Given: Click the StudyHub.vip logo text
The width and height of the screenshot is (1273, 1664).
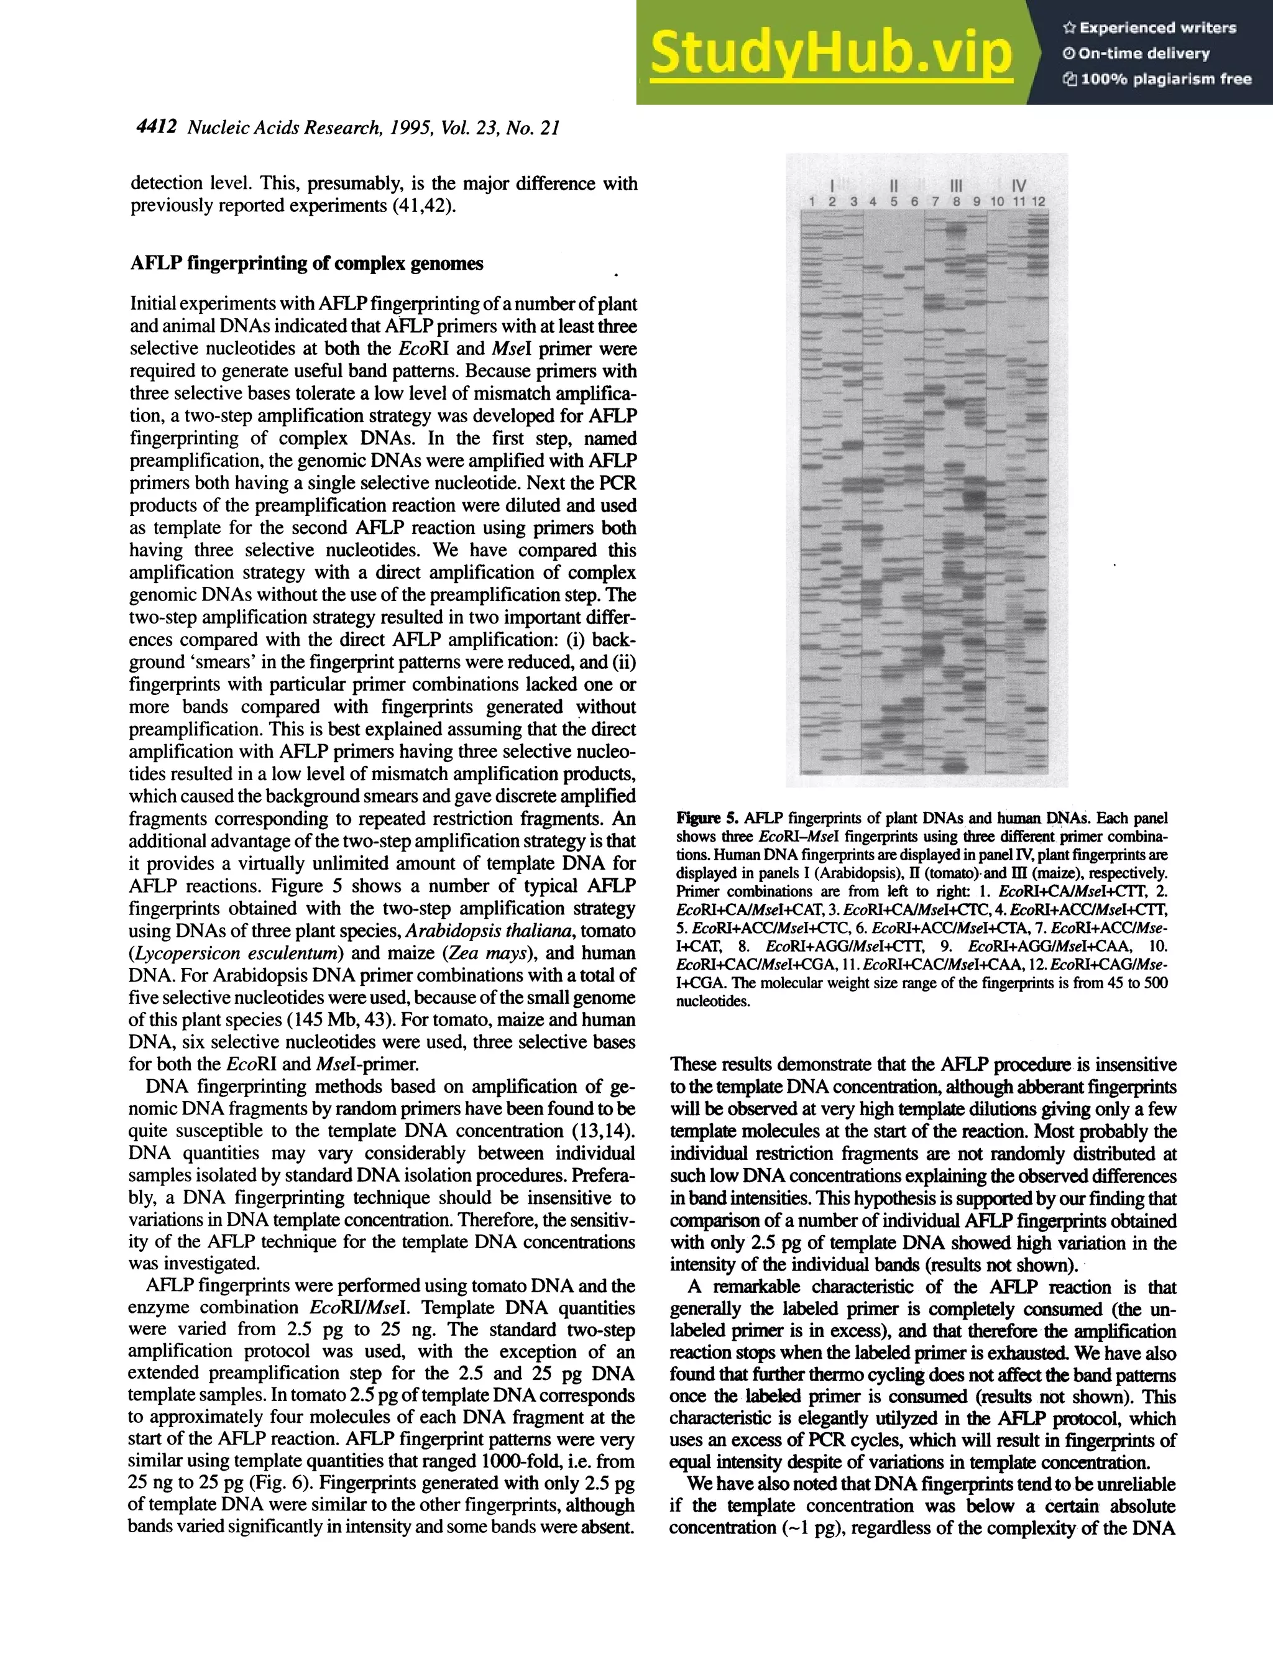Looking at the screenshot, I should (x=831, y=53).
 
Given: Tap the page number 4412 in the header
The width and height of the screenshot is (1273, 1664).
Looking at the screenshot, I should (x=156, y=127).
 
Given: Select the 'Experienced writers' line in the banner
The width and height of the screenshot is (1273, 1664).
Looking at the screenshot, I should (x=1149, y=28).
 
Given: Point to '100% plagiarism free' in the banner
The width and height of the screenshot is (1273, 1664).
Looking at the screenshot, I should (x=1157, y=79).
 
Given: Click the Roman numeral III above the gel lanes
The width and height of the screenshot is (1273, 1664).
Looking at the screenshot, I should (x=955, y=185).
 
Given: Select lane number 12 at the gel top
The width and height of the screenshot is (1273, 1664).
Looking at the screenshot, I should (x=1038, y=201).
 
